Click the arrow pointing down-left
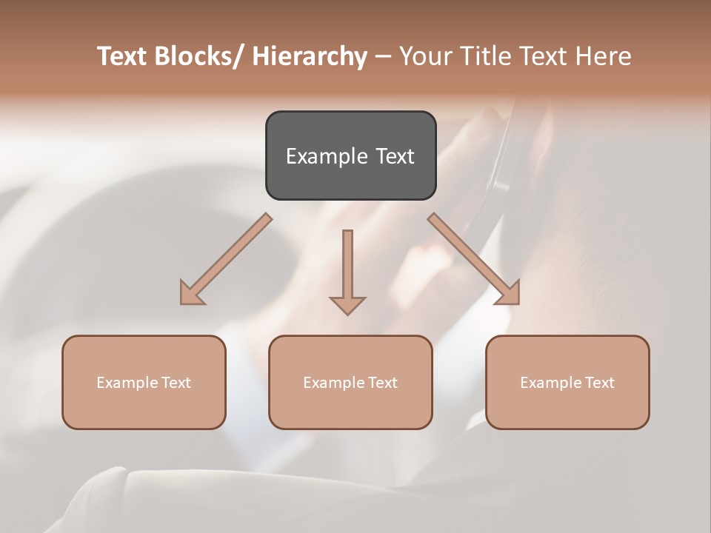click(227, 258)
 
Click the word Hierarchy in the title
click(310, 57)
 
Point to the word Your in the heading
click(425, 57)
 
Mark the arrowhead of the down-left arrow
click(191, 294)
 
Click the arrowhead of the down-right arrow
click(509, 294)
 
